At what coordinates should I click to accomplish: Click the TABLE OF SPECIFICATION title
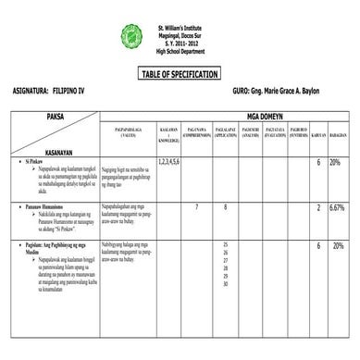tap(180, 74)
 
